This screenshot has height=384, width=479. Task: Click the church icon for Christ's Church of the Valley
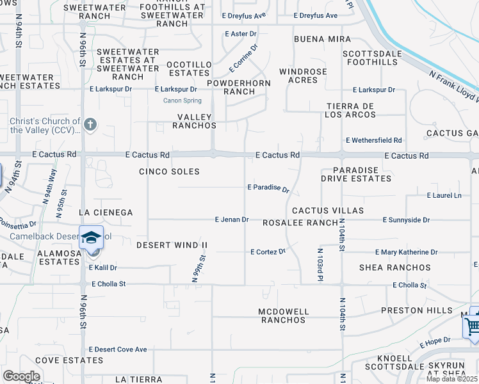[x=90, y=124]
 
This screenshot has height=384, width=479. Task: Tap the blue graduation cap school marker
[x=91, y=237]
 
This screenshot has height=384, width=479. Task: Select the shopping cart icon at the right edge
[x=473, y=326]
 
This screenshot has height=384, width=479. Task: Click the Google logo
[x=22, y=376]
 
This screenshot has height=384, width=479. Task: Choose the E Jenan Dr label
[x=231, y=220]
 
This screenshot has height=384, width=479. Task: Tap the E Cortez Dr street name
[x=268, y=252]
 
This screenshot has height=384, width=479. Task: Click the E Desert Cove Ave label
[x=118, y=349]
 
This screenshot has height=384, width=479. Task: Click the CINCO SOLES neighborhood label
[x=169, y=172]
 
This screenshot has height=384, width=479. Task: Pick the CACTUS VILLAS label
[x=327, y=210]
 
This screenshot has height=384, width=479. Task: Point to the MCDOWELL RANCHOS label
[x=283, y=316]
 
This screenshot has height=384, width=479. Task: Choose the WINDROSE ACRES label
[x=303, y=76]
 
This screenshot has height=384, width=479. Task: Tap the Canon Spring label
[x=183, y=100]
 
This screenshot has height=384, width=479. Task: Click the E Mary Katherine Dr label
[x=406, y=252]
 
